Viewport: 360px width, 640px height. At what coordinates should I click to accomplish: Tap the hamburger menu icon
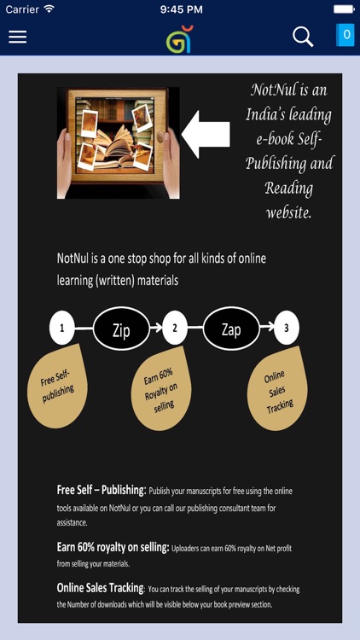pyautogui.click(x=18, y=37)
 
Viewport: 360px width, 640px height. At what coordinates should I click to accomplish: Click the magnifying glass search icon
pyautogui.click(x=303, y=37)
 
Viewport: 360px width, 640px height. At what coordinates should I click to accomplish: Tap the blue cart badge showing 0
pyautogui.click(x=345, y=35)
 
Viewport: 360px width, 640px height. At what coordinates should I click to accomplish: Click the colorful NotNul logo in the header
pyautogui.click(x=180, y=39)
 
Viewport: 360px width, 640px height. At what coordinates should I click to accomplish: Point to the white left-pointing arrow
pyautogui.click(x=206, y=134)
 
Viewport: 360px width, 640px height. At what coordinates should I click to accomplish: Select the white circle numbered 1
pyautogui.click(x=62, y=329)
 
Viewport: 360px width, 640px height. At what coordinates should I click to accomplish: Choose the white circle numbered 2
pyautogui.click(x=175, y=329)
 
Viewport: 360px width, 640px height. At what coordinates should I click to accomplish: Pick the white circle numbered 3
pyautogui.click(x=287, y=329)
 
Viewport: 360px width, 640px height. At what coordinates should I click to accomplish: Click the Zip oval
pyautogui.click(x=121, y=329)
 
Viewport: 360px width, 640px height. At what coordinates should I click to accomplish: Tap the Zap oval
pyautogui.click(x=231, y=329)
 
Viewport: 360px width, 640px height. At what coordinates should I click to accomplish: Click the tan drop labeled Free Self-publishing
pyautogui.click(x=57, y=386)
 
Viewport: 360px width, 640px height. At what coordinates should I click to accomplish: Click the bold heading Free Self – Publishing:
pyautogui.click(x=102, y=490)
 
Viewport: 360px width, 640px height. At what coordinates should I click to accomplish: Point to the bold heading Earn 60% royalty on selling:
pyautogui.click(x=113, y=548)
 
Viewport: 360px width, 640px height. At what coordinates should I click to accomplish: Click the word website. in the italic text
pyautogui.click(x=289, y=212)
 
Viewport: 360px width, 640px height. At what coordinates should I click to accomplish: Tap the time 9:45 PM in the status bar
pyautogui.click(x=180, y=9)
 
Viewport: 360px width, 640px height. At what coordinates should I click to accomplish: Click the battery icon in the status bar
pyautogui.click(x=344, y=9)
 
